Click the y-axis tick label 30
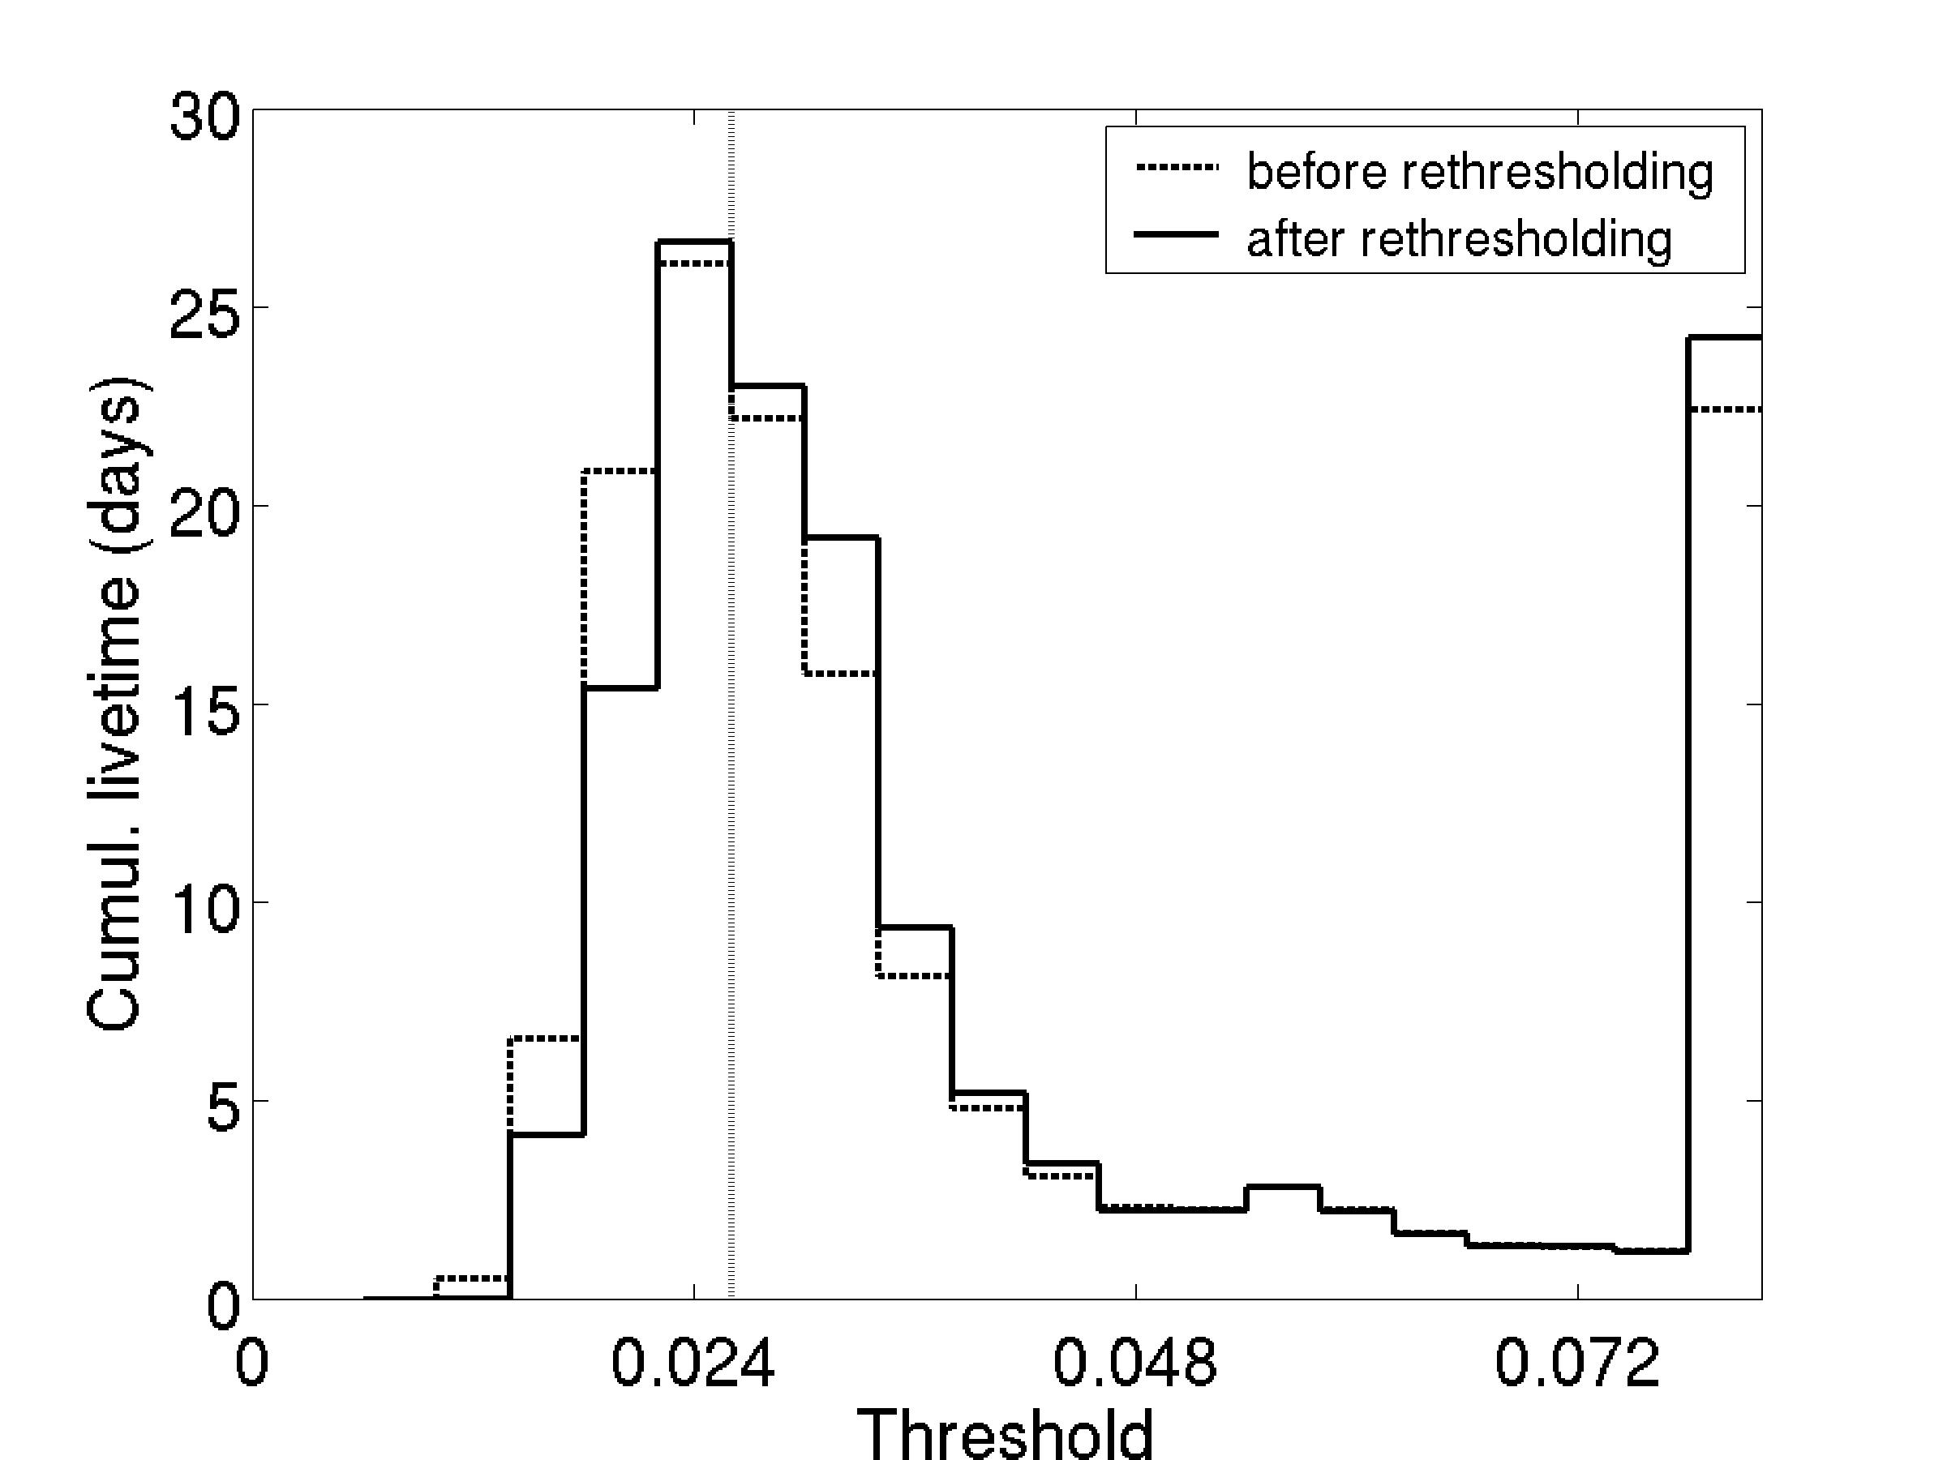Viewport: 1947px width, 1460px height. coord(204,118)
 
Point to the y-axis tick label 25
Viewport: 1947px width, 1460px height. coord(204,316)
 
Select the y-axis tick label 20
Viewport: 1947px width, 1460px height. coord(204,515)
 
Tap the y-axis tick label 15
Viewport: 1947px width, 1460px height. coord(204,713)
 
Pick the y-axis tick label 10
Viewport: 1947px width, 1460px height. coord(204,911)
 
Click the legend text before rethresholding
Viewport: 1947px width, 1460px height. coord(1480,171)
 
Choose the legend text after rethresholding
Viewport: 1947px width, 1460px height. coord(1459,238)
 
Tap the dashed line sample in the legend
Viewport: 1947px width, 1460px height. coord(1176,166)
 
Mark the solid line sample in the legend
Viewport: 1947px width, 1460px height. coord(1176,234)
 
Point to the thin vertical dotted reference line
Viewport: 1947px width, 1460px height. coord(731,792)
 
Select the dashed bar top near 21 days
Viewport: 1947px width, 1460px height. coord(619,472)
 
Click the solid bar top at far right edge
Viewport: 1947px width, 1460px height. coord(1724,337)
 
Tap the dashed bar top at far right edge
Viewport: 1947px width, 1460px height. coord(1724,409)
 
